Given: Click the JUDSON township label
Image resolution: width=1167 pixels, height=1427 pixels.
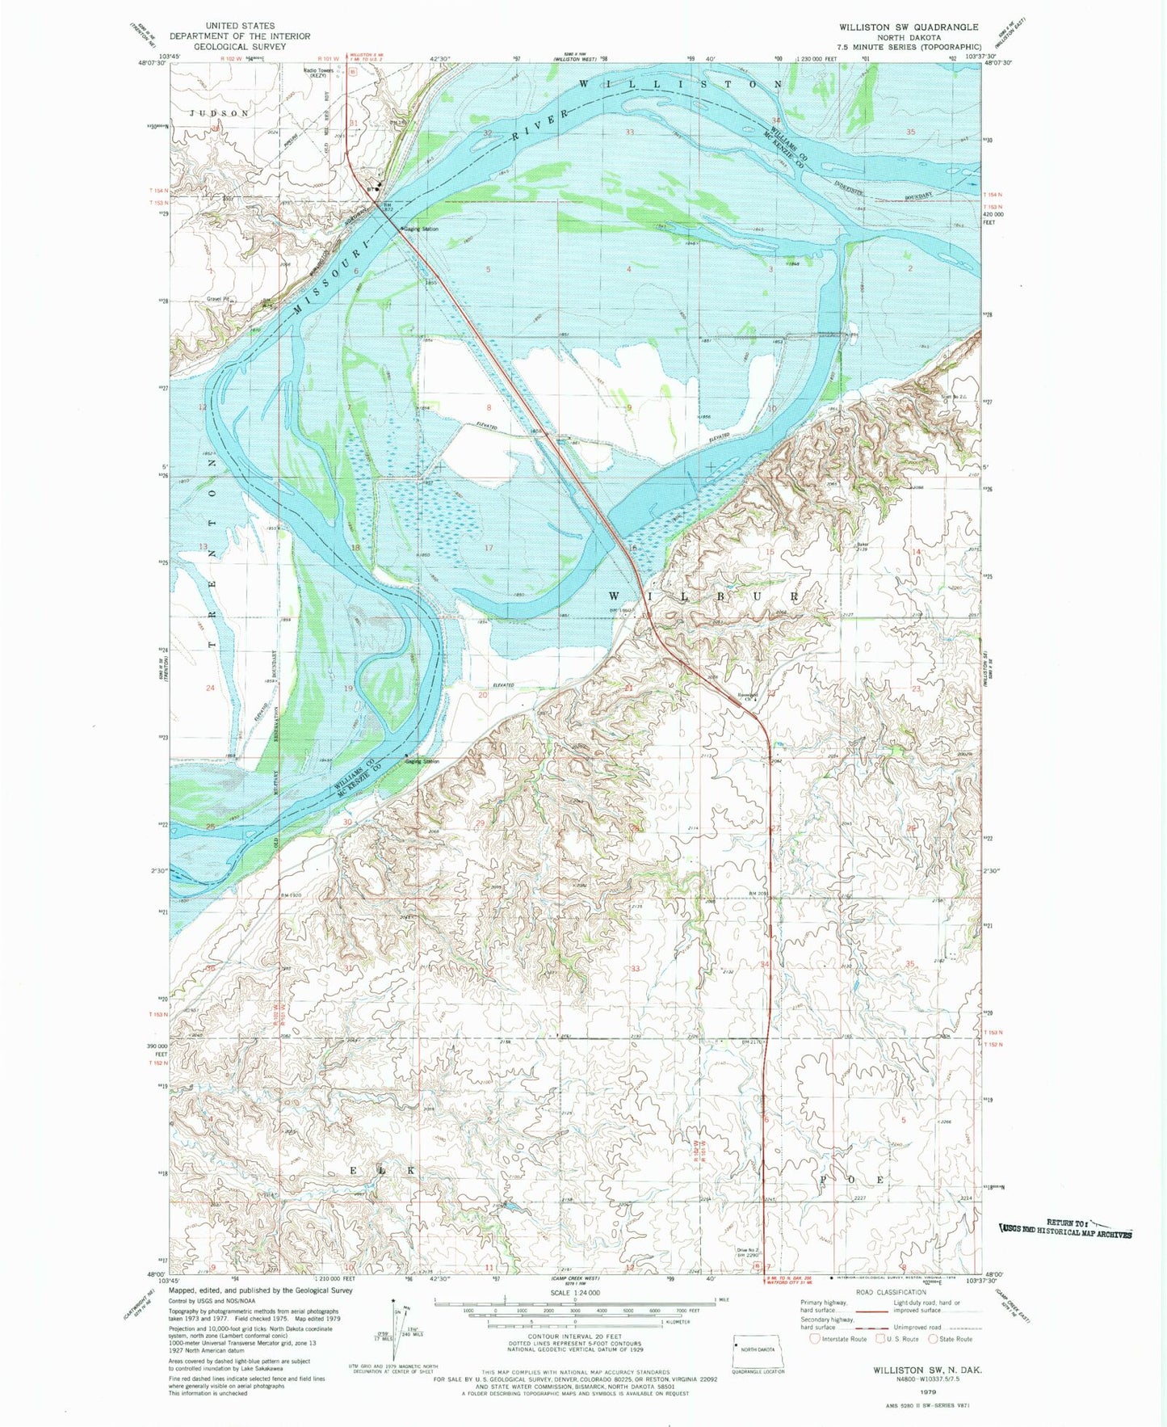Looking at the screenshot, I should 220,113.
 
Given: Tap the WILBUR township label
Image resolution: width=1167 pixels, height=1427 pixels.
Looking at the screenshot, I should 703,596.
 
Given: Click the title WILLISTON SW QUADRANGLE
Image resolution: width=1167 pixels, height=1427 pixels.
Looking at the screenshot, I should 908,27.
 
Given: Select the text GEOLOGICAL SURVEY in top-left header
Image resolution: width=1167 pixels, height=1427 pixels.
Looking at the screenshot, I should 239,47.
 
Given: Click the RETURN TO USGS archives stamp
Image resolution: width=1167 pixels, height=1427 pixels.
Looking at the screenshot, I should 1066,1229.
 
